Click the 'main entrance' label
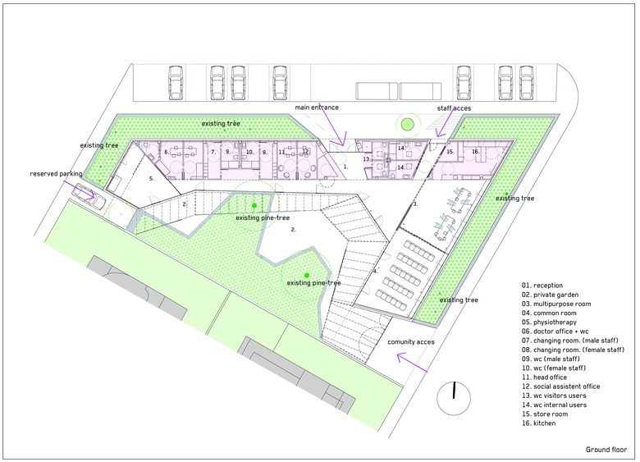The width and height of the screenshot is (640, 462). [317, 107]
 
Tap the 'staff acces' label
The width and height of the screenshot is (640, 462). [454, 108]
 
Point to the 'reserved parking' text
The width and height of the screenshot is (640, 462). [56, 174]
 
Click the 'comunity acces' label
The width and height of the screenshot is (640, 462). [411, 342]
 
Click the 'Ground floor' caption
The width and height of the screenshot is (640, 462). [606, 450]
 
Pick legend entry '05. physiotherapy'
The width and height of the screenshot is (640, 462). [549, 322]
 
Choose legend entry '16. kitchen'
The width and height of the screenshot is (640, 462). [538, 423]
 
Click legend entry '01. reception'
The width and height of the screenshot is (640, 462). [542, 286]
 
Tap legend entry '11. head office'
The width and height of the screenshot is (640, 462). [544, 377]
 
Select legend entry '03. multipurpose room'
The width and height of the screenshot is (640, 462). [556, 304]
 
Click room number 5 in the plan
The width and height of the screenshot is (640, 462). [152, 179]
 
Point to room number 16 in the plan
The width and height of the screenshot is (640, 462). [476, 152]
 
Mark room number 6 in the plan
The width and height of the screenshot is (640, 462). [167, 153]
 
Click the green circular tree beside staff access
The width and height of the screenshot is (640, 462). [407, 124]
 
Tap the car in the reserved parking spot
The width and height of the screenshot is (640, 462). [89, 196]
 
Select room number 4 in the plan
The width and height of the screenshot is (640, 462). [375, 271]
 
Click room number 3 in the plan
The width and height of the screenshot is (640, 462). [415, 204]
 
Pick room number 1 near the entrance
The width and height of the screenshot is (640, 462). [345, 167]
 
